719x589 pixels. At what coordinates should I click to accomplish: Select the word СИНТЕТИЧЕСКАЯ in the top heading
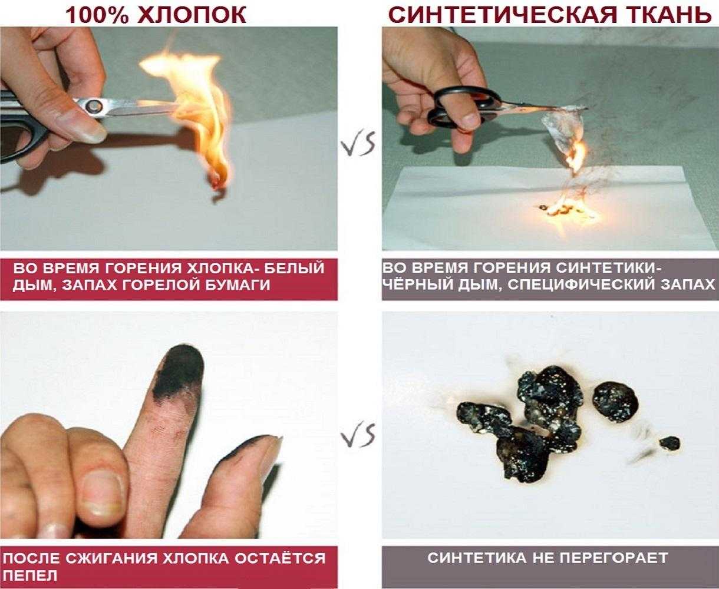(503, 15)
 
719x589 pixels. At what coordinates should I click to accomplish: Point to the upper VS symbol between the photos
(358, 144)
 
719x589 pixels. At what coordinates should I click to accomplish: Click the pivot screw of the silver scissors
(94, 107)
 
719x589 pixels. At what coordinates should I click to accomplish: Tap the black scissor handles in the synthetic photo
(464, 107)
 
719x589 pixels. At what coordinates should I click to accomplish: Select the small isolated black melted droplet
(669, 443)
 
